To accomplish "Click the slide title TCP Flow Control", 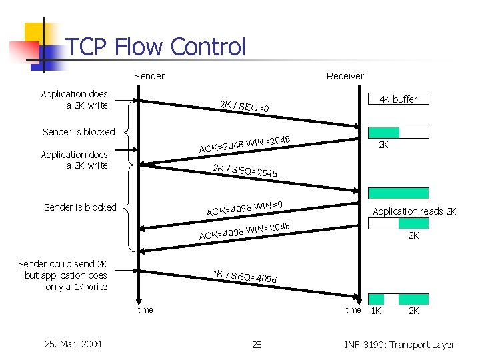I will pos(156,47).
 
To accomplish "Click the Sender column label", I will pos(149,76).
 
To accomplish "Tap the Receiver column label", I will pos(345,76).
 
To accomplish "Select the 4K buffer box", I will pos(399,99).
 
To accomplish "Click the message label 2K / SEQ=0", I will pos(245,106).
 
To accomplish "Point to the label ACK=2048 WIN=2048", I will pos(244,143).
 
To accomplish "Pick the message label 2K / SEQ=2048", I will pos(245,171).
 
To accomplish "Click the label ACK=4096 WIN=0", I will pos(245,208).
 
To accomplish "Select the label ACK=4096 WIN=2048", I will pos(245,230).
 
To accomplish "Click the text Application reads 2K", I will pos(414,211).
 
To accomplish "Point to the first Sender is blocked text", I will pos(79,132).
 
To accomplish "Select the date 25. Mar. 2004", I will pos(73,344).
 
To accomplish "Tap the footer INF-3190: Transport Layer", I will pos(399,345).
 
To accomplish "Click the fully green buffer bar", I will pos(399,193).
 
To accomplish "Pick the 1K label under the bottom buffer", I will pos(377,311).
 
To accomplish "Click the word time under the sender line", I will pos(145,309).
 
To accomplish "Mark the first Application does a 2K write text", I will pos(74,99).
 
